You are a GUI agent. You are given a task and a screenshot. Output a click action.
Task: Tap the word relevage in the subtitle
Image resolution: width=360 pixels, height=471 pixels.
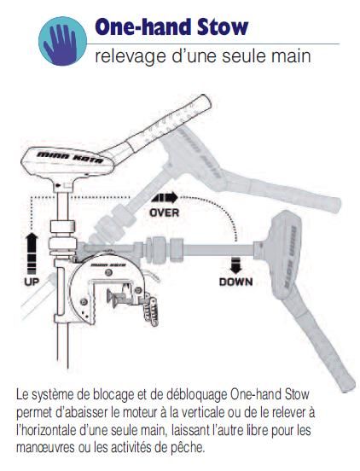point(131,57)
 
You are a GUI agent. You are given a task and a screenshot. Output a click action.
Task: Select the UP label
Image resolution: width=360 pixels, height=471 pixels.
point(32,282)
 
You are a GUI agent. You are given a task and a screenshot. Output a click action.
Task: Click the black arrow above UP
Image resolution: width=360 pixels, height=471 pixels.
point(32,253)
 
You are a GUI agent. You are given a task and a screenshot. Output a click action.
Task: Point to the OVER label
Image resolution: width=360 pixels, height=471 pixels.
point(165,212)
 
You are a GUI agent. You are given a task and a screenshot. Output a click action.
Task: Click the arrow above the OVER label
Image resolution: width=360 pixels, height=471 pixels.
point(165,198)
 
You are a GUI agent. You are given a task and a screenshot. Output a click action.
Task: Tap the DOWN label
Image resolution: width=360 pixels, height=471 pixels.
point(235,282)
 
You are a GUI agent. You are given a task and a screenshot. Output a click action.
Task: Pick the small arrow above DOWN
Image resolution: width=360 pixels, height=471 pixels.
point(235,267)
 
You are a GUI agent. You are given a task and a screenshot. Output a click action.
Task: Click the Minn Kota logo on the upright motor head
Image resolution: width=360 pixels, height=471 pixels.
point(70,157)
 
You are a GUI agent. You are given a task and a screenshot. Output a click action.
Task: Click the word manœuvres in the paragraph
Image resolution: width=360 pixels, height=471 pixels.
point(45,448)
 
